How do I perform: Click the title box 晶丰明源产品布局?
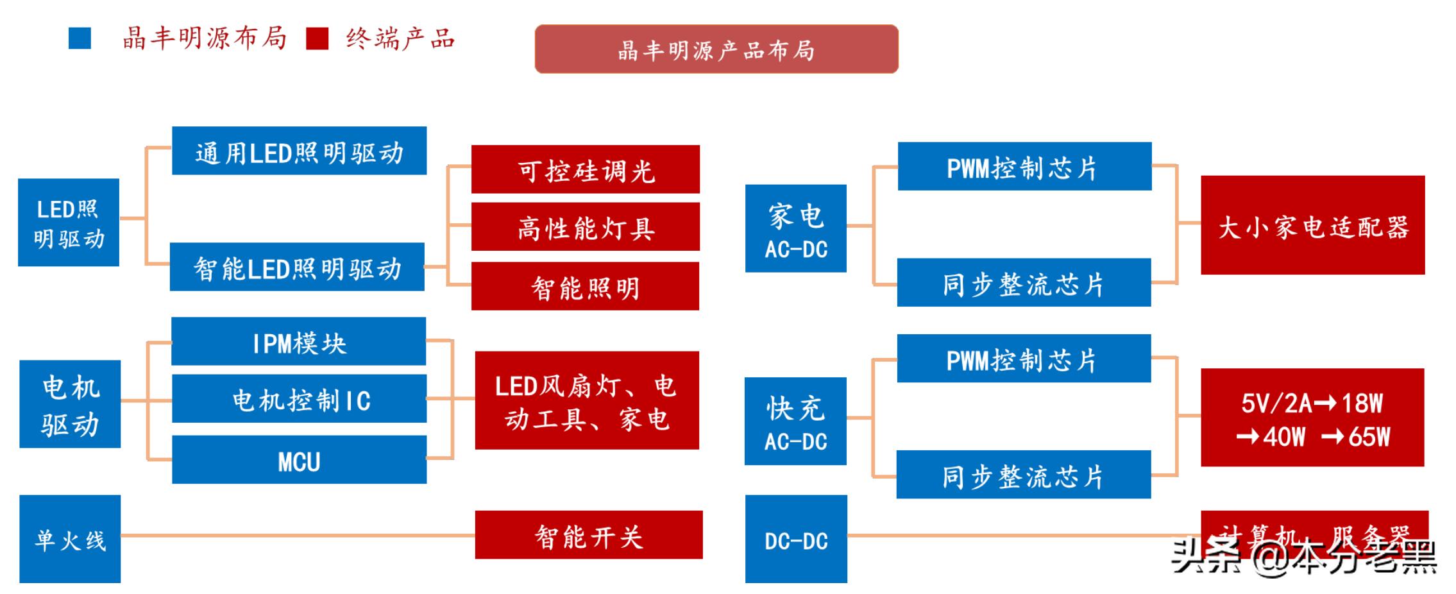(x=716, y=49)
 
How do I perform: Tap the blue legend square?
(x=80, y=38)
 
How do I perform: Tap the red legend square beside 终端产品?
(x=317, y=38)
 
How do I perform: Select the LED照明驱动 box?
(x=69, y=223)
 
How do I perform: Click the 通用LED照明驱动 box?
(x=299, y=151)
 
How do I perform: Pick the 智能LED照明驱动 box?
(x=297, y=267)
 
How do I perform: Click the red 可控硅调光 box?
(x=585, y=169)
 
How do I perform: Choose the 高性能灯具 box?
(x=585, y=227)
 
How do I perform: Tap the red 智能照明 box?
(x=585, y=286)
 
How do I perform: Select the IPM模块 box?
(x=298, y=341)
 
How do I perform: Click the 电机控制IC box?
(x=299, y=399)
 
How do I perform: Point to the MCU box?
(x=299, y=460)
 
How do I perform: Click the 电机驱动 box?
(x=70, y=404)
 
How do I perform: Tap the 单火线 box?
(x=70, y=539)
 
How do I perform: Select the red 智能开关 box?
(x=588, y=535)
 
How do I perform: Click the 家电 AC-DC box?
(x=795, y=228)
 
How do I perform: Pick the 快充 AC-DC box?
(x=795, y=421)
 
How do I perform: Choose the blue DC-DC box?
(x=796, y=539)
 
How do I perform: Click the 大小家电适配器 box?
(x=1312, y=225)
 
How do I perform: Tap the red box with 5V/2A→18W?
(x=1312, y=418)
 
